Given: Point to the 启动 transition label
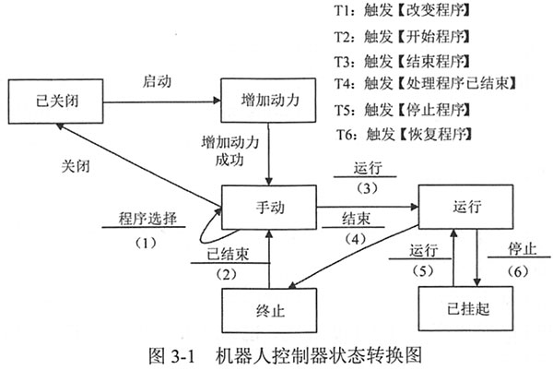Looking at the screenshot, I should point(159,79).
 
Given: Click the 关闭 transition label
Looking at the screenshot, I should point(72,167).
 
